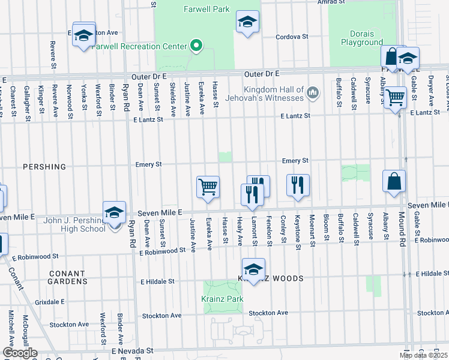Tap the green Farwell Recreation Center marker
pyautogui.click(x=195, y=45)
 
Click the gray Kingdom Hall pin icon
pyautogui.click(x=312, y=93)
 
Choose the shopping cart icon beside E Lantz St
pyautogui.click(x=395, y=97)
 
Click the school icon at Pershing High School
pyautogui.click(x=114, y=212)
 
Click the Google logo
pyautogui.click(x=19, y=353)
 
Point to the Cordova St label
pyautogui.click(x=292, y=37)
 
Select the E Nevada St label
pyautogui.click(x=132, y=350)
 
